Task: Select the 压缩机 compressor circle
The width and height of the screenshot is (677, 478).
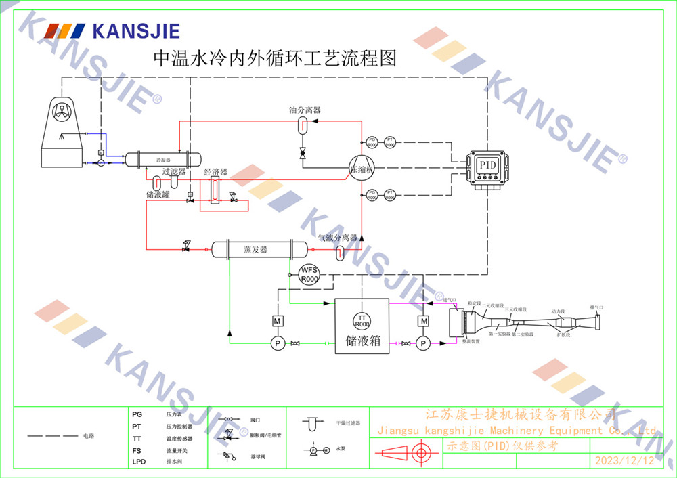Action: tap(362, 169)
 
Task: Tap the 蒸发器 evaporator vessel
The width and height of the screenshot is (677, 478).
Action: tap(256, 249)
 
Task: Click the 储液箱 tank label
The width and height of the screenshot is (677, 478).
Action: tap(363, 341)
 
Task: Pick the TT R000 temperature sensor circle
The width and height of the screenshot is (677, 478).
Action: tap(362, 320)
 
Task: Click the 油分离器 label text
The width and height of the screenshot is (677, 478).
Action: tap(304, 110)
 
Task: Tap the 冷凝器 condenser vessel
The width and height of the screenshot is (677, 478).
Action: tap(164, 160)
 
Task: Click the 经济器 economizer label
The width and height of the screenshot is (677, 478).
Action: tap(215, 173)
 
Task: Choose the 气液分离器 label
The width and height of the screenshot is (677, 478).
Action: tap(337, 238)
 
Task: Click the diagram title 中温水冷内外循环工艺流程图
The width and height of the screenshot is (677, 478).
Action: tap(275, 58)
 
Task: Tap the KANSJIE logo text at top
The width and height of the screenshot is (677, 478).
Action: tap(135, 30)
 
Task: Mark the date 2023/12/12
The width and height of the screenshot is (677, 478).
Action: tap(624, 461)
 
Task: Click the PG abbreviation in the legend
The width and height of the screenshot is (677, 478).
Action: tap(137, 413)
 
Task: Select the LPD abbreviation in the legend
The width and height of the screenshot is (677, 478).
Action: tap(139, 462)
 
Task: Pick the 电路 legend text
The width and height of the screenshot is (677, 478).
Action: tap(89, 436)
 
